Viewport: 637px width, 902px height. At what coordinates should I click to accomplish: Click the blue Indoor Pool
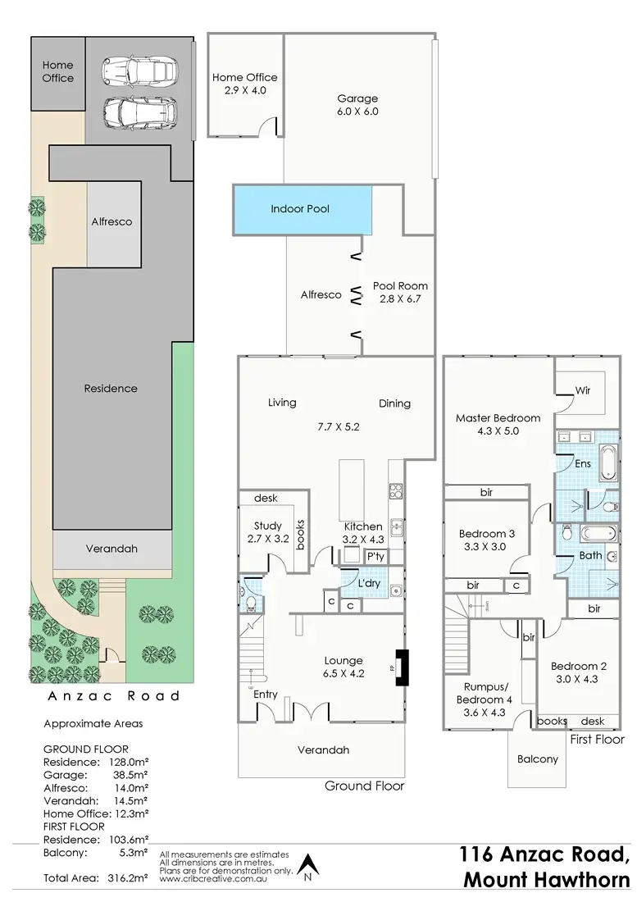click(301, 209)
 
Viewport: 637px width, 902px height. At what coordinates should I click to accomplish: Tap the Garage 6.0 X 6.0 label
click(357, 104)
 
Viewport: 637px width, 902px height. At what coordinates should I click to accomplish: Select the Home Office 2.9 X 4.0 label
click(244, 84)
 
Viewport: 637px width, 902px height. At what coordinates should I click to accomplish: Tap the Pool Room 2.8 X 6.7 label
click(400, 293)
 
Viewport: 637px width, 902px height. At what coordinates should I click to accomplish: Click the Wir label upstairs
click(583, 391)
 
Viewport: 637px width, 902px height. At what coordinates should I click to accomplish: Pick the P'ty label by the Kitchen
click(376, 557)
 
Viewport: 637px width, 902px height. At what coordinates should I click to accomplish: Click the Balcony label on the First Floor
click(537, 758)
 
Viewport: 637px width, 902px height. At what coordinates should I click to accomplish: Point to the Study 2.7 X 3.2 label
click(268, 532)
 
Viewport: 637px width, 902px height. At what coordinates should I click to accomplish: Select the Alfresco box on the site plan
click(112, 221)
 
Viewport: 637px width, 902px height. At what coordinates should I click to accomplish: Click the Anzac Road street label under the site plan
click(111, 696)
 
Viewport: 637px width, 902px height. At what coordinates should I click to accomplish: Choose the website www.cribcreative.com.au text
click(213, 878)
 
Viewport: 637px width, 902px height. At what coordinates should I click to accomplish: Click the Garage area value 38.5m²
click(128, 774)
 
